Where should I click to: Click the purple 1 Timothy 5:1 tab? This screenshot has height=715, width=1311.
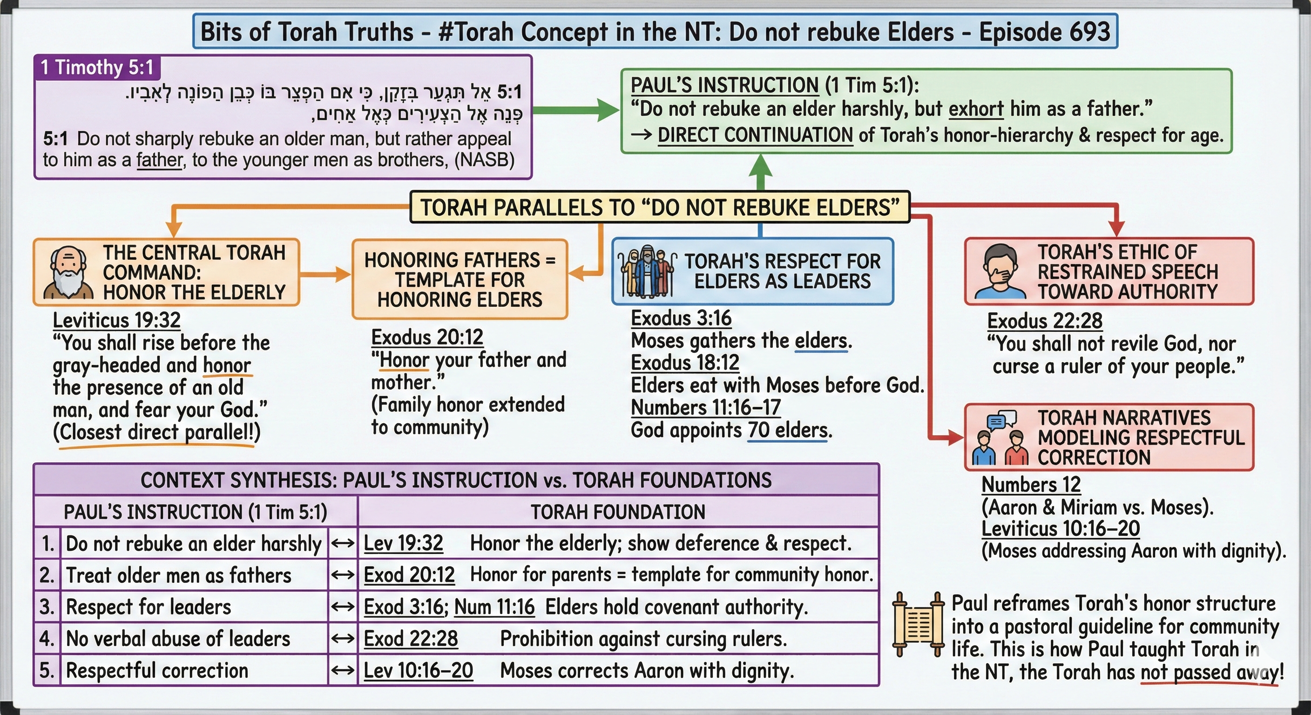pyautogui.click(x=97, y=67)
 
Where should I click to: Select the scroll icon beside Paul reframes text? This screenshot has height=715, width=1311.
pyautogui.click(x=918, y=624)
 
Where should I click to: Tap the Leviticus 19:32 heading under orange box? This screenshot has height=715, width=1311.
pyautogui.click(x=116, y=320)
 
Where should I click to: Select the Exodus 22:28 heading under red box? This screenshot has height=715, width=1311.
pyautogui.click(x=1045, y=321)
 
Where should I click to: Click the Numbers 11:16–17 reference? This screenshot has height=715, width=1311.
pyautogui.click(x=705, y=408)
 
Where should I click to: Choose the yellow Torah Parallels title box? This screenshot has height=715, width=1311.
pyautogui.click(x=660, y=208)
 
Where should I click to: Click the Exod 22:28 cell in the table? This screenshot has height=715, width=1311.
pyautogui.click(x=411, y=639)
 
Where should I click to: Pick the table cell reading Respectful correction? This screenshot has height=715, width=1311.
pyautogui.click(x=157, y=670)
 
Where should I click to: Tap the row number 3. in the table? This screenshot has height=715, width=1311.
pyautogui.click(x=47, y=607)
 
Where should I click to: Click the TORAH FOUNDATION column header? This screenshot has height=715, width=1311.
pyautogui.click(x=618, y=512)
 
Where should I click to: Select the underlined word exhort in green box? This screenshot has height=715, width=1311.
pyautogui.click(x=976, y=109)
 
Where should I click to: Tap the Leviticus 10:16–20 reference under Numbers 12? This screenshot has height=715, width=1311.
pyautogui.click(x=1061, y=529)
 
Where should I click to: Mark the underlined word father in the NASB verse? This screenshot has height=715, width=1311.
pyautogui.click(x=159, y=160)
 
